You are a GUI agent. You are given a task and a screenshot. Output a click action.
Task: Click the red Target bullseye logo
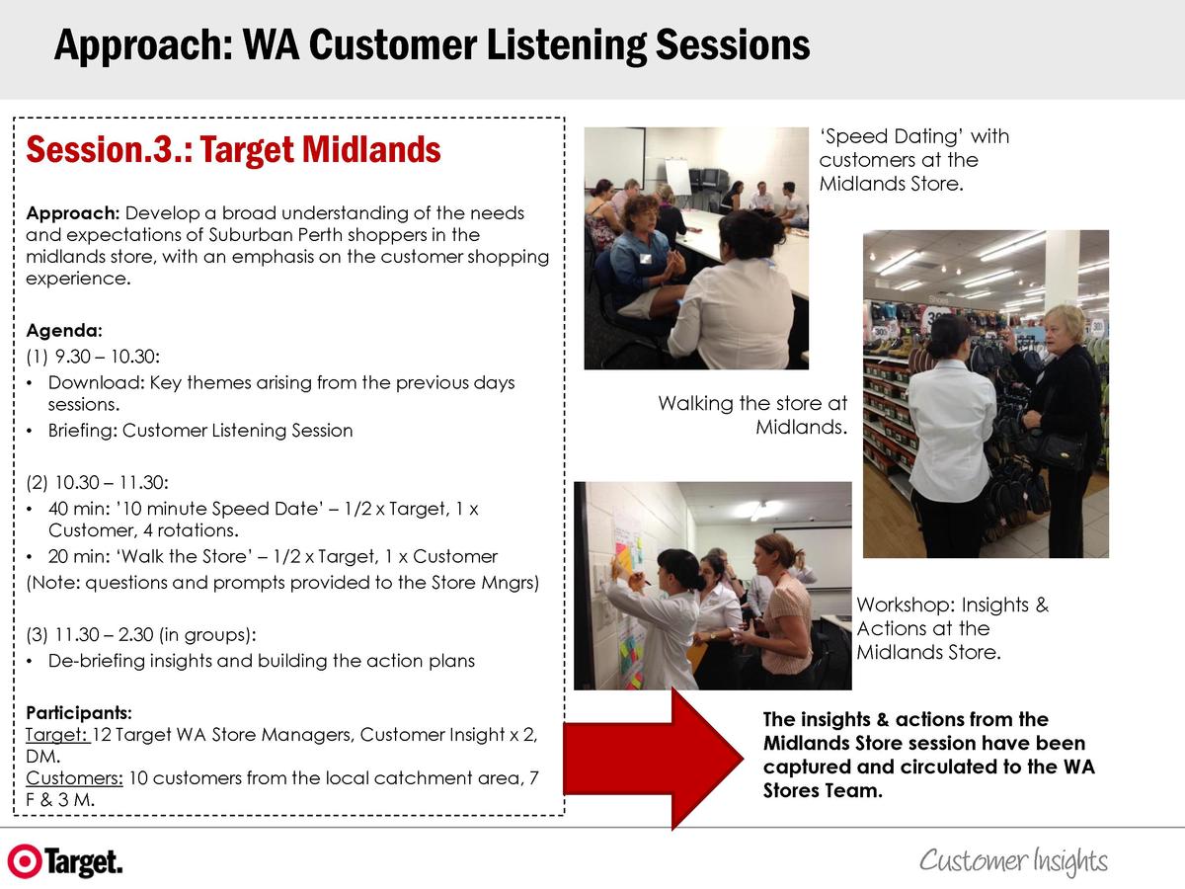click(25, 861)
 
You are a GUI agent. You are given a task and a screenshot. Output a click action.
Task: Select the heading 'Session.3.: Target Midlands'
click(233, 150)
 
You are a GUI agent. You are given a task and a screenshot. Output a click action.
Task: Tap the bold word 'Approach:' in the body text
click(72, 213)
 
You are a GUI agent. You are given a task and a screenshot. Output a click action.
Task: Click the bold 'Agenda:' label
click(64, 330)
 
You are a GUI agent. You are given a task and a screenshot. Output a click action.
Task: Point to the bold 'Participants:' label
click(79, 713)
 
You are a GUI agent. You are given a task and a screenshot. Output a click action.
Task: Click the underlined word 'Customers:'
click(74, 777)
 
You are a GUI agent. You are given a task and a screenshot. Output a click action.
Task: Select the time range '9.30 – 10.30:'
click(108, 357)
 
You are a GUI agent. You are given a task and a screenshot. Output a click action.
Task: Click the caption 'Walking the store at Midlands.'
click(752, 415)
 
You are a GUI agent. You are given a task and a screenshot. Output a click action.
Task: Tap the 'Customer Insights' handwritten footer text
click(1013, 860)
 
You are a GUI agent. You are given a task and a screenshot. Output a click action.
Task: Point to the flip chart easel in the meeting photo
click(677, 176)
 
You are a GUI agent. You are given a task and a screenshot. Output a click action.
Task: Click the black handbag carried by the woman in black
click(1057, 450)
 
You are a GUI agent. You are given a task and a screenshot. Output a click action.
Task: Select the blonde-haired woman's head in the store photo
click(1065, 328)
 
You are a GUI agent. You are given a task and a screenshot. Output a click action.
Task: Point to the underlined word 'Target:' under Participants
click(57, 735)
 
